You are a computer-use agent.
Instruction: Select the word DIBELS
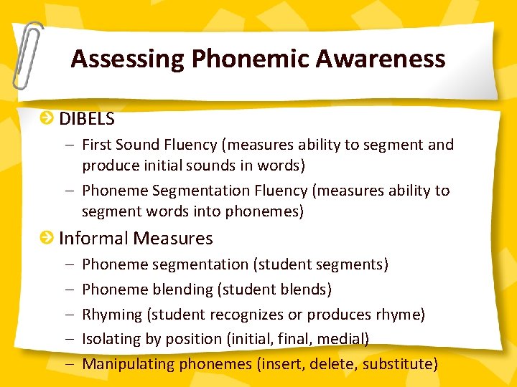[x=87, y=118]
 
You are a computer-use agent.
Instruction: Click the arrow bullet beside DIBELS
[x=47, y=118]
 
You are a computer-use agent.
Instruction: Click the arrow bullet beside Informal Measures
[x=47, y=237]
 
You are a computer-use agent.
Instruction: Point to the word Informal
[x=91, y=238]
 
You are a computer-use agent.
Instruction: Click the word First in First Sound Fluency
[x=97, y=145]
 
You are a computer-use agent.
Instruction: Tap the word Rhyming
[x=112, y=314]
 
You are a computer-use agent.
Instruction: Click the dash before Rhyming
[x=67, y=314]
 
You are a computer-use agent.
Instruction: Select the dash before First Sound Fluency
[x=67, y=145]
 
